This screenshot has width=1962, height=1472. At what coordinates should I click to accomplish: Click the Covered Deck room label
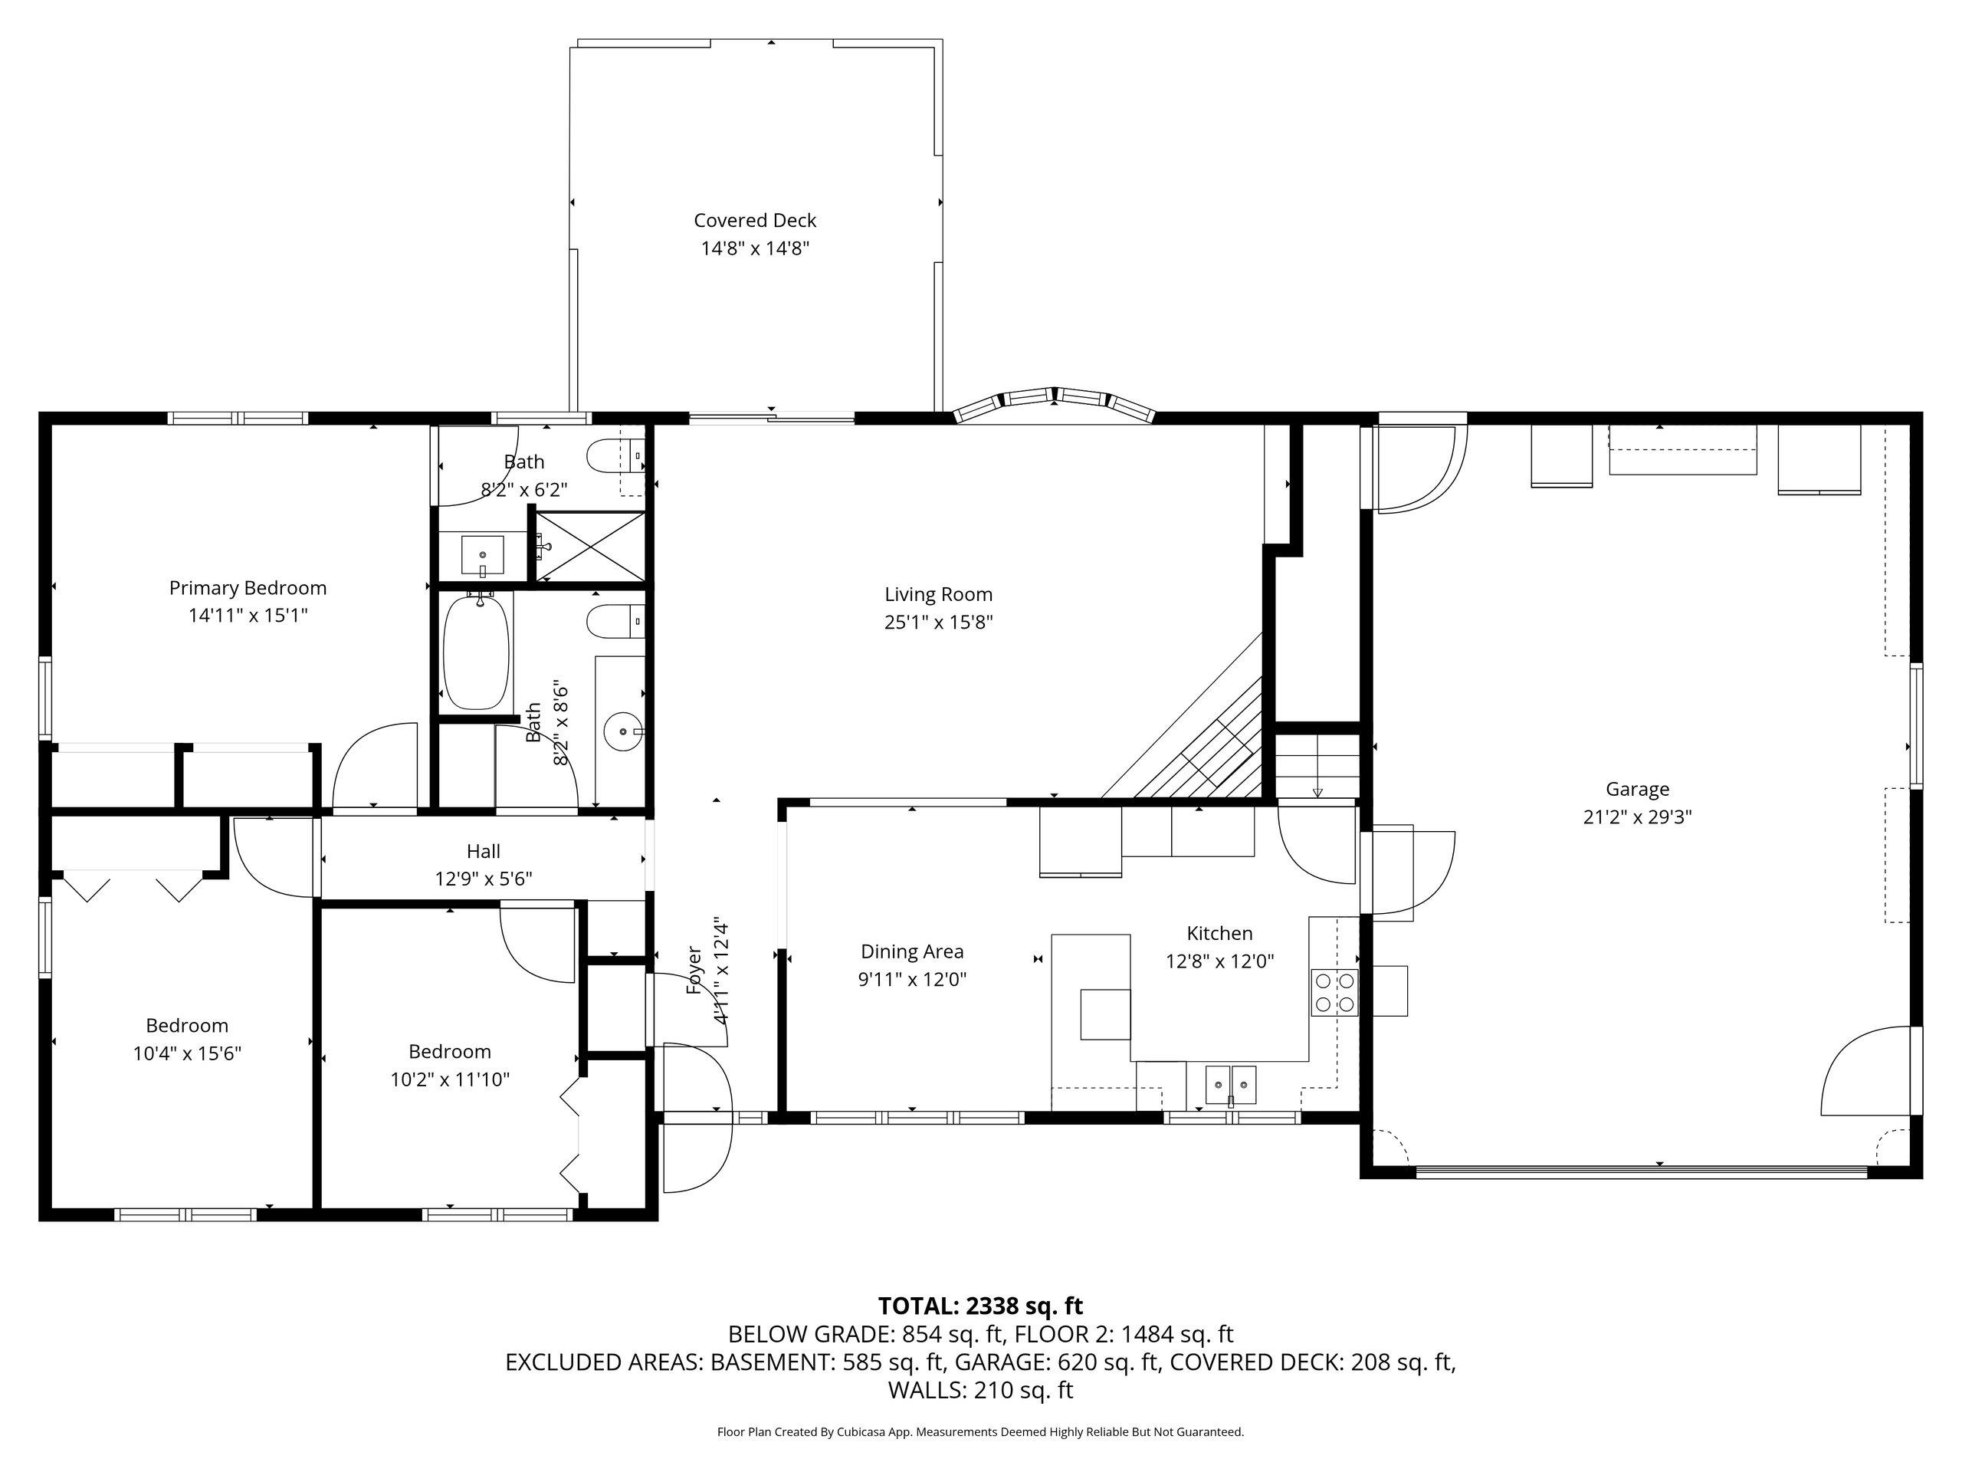pos(755,220)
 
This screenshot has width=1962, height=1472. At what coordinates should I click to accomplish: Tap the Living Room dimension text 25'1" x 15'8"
pos(938,622)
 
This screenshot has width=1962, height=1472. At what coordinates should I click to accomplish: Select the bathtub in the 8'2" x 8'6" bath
pos(477,650)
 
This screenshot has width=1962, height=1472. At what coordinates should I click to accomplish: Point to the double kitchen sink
pos(1230,1084)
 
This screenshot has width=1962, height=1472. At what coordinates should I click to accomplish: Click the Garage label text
pos(1637,789)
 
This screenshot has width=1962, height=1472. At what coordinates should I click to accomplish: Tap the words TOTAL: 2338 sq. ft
pos(980,1306)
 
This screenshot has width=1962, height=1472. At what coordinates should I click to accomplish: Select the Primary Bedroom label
pos(248,587)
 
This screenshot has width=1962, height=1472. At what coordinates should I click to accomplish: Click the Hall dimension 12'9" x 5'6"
pos(484,879)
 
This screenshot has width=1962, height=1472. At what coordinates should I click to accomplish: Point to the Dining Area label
pos(912,951)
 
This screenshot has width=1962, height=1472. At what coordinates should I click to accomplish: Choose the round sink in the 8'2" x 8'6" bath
pos(625,731)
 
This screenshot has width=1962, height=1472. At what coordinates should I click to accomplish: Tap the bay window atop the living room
pos(1054,405)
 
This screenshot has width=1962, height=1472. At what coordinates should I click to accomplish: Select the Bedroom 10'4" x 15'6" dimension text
pos(187,1053)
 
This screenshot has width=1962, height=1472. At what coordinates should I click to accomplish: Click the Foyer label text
pos(694,970)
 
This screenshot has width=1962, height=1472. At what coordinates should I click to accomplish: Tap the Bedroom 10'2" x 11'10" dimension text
pos(450,1079)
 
